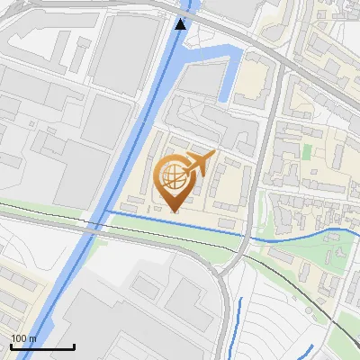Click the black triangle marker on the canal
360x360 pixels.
pos(181,24)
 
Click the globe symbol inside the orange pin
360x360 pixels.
pos(172,175)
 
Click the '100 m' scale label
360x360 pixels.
pos(23,338)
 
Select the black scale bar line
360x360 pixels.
pos(42,346)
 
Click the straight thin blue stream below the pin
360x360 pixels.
pos(171,223)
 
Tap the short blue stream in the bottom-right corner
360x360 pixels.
pos(301,352)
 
